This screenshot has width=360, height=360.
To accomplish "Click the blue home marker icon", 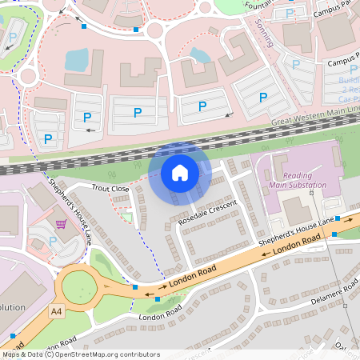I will pos(180,172).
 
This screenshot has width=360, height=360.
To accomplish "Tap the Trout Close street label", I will pos(110,188).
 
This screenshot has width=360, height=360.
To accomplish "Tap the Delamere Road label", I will pos(334,293).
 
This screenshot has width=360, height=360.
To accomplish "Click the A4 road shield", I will pos(55,310).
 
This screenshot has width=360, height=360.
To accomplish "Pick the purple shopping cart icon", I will pos(61,224).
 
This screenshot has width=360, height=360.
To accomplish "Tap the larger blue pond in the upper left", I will pos(78,58).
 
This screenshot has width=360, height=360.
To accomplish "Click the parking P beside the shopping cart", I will pos(53,241).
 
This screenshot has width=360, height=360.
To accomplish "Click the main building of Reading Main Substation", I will pos(296,210).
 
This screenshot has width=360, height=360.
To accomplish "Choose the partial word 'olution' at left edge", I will pos(13,307).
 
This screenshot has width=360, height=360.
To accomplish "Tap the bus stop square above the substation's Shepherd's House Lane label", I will pos(338,218).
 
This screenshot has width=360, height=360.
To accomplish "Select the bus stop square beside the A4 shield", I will pos(14,336).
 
